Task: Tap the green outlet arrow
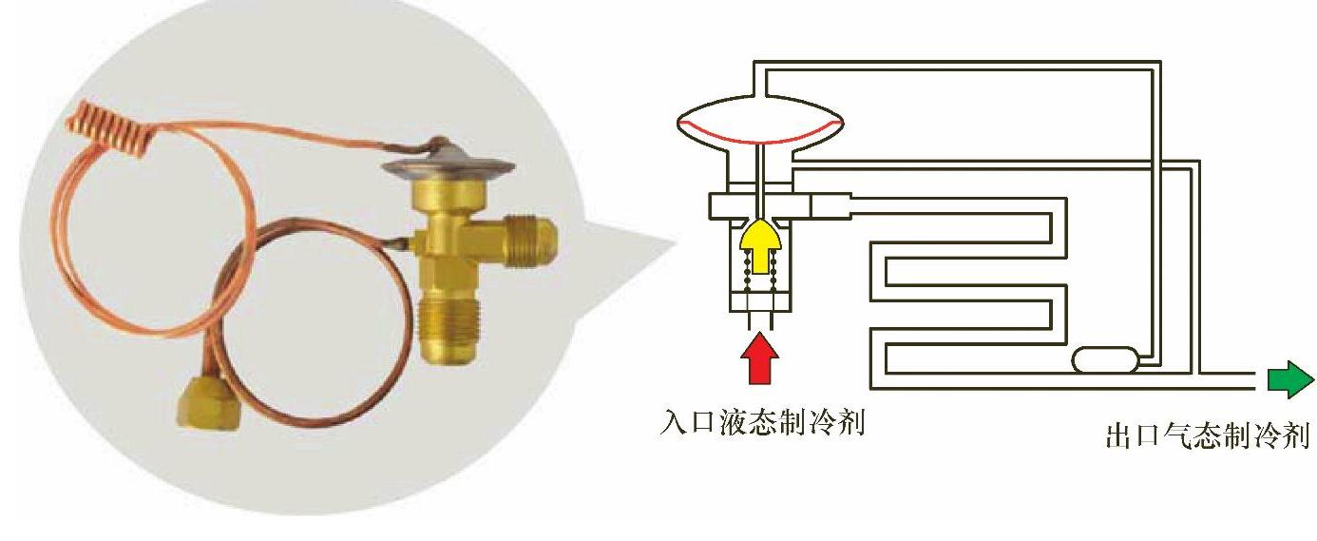(x=1288, y=380)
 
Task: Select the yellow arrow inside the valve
(x=758, y=246)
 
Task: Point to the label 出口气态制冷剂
(x=1208, y=436)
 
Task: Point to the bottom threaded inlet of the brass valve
(x=450, y=328)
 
